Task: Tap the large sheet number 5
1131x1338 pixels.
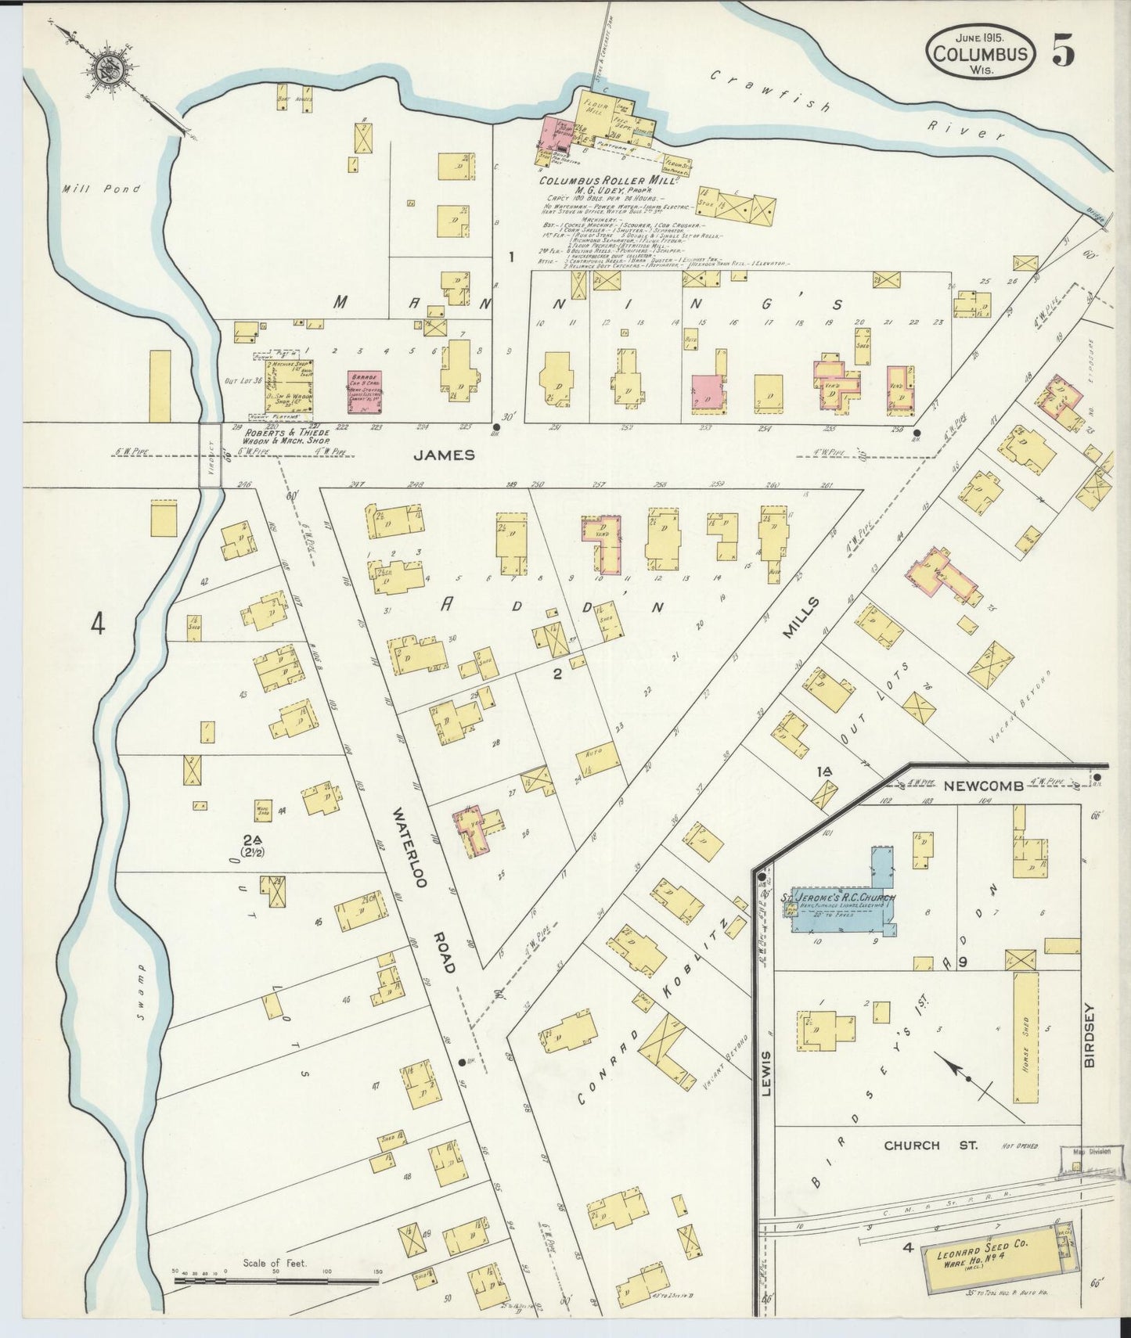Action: (x=1062, y=51)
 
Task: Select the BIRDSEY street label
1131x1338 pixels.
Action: (x=1090, y=1037)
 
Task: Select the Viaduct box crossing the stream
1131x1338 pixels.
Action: (x=210, y=455)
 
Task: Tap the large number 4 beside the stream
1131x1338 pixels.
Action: (x=97, y=624)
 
